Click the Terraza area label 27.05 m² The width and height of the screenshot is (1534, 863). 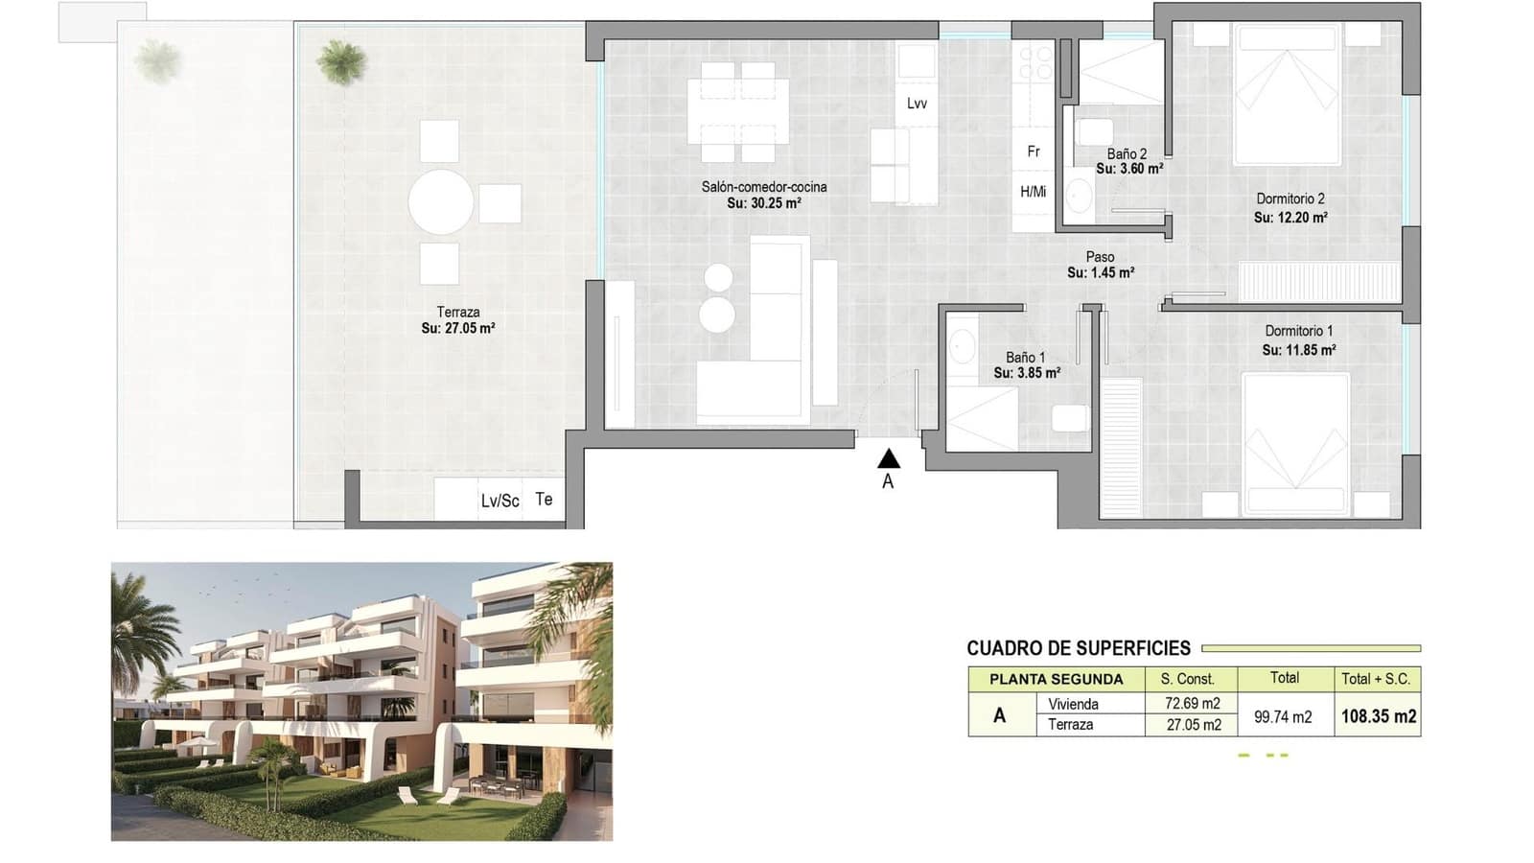458,329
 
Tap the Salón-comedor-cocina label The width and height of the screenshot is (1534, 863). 763,186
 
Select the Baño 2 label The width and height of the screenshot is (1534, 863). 1127,154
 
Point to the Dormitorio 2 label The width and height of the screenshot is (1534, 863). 1290,198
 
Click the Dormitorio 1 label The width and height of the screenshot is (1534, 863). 1298,331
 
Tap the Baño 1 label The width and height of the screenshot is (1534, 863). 1025,358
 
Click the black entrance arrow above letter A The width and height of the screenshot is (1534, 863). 888,458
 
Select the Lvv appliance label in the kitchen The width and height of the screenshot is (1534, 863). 917,104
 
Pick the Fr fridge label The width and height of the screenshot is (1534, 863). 1034,152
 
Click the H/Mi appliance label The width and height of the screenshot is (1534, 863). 1034,192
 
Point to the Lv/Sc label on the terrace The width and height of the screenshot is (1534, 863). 500,501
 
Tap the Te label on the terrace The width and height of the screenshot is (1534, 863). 544,500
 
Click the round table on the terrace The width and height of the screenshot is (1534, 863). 440,202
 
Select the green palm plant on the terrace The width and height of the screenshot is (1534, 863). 341,61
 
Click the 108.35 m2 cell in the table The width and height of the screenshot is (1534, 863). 1379,716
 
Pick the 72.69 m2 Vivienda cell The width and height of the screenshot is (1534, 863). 1193,703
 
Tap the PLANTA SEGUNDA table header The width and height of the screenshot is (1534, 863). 1056,680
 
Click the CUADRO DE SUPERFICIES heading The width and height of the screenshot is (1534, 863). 1079,648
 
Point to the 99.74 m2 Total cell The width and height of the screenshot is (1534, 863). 1283,717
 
